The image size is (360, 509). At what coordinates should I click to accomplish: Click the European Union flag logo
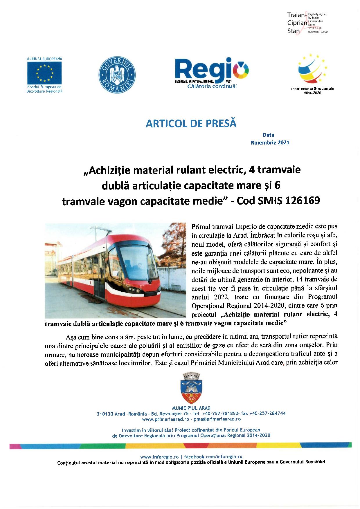coord(44,73)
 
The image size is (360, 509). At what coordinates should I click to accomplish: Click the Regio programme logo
coord(212,70)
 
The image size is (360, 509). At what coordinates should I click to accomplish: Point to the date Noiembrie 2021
coord(270,142)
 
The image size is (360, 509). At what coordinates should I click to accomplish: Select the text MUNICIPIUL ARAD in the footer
coord(191,408)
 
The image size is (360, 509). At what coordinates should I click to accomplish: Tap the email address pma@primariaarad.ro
coord(217,419)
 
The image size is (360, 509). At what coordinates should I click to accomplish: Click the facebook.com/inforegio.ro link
coord(213,456)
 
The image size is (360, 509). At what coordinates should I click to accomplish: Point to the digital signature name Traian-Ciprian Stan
coord(297,23)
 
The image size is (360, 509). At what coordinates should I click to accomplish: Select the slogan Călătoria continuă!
coord(212,86)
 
